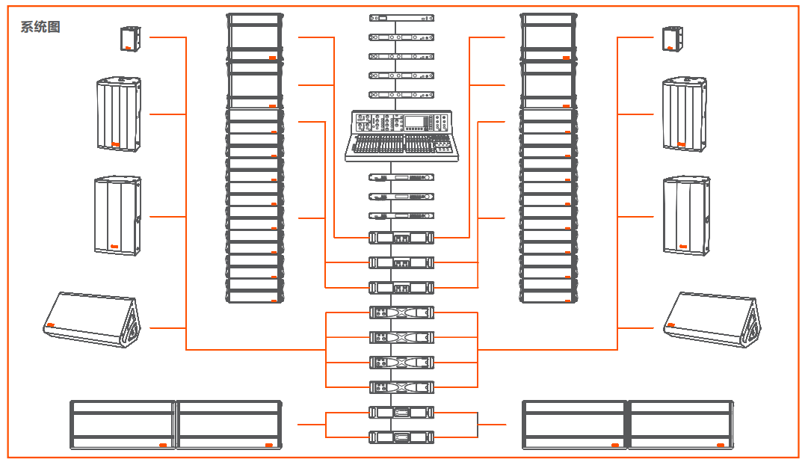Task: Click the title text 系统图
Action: [x=40, y=28]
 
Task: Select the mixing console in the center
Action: [x=401, y=135]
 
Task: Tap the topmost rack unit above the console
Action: [x=401, y=17]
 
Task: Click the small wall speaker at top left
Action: [x=130, y=39]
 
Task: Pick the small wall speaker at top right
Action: [x=671, y=39]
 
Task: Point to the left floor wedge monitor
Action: [x=92, y=320]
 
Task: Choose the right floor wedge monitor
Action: [x=712, y=320]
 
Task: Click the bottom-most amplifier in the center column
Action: [x=401, y=437]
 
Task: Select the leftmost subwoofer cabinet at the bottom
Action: [x=123, y=425]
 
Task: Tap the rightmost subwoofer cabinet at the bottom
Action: [x=680, y=425]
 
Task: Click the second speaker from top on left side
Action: [x=118, y=114]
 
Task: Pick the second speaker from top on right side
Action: [x=684, y=114]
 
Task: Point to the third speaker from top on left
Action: [x=117, y=217]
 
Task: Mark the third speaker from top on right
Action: [x=685, y=217]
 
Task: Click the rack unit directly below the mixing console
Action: [x=401, y=178]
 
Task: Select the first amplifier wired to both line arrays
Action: [x=401, y=238]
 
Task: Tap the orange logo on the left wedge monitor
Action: [x=51, y=325]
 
